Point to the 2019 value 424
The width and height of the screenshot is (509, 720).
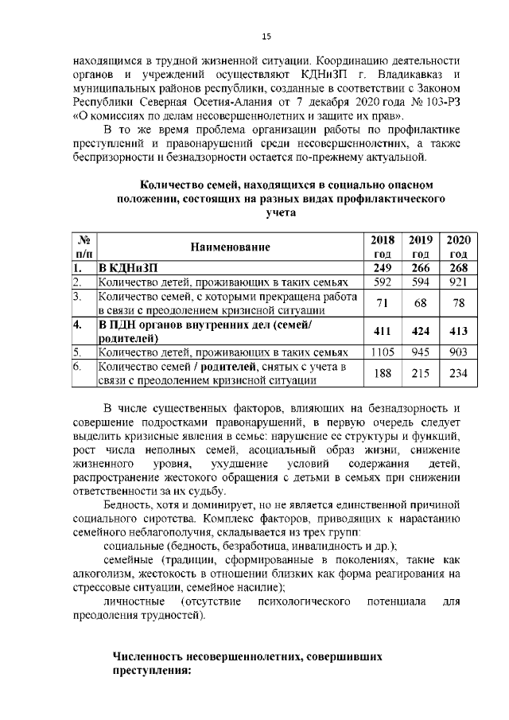420,329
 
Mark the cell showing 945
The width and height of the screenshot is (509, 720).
420,351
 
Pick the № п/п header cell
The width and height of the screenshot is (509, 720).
83,246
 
